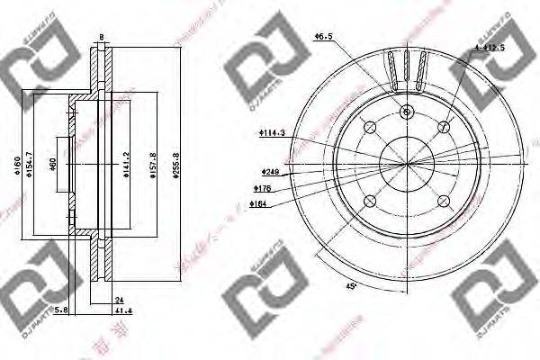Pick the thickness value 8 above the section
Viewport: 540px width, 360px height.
coord(101,37)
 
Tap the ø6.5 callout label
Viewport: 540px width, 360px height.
coord(321,36)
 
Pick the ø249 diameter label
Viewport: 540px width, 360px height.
coord(269,171)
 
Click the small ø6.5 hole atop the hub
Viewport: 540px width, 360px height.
coord(407,112)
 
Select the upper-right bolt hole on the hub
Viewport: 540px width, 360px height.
coord(445,127)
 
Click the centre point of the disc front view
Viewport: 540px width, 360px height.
coord(407,164)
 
